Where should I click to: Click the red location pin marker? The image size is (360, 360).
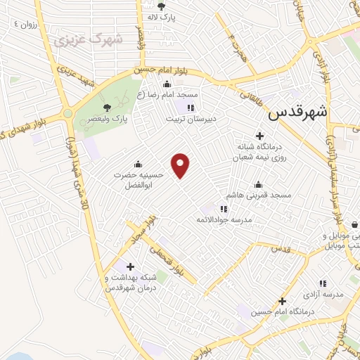point(181,165)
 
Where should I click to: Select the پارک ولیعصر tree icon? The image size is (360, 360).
point(107,107)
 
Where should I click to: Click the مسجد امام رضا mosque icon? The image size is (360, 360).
point(167,85)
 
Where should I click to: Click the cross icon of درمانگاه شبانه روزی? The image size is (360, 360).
point(259,135)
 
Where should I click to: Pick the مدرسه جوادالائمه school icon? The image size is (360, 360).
point(224,208)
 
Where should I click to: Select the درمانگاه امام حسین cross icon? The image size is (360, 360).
point(282,300)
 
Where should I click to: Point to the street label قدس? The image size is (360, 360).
point(280,250)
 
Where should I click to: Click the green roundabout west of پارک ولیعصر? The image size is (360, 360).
point(68,112)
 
